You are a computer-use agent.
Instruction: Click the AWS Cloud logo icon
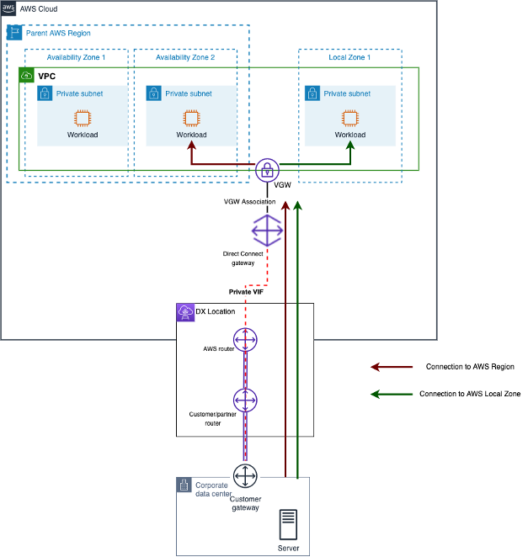8,8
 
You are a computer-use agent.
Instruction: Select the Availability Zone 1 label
76,57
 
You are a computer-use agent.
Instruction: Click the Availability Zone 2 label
185,57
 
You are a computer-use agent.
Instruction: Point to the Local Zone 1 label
349,57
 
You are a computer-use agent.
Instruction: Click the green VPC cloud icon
27,76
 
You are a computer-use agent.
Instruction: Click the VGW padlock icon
268,167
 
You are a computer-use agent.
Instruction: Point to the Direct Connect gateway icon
268,230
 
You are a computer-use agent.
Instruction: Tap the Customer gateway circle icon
245,476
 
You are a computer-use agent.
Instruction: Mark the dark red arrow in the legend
392,367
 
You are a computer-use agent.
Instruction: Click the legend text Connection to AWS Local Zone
469,394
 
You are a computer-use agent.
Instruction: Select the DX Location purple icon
184,312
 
